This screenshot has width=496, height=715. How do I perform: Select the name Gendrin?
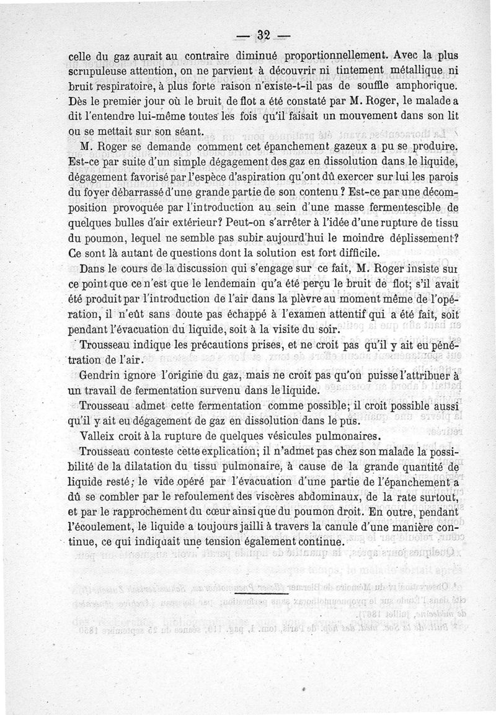click(x=100, y=376)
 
